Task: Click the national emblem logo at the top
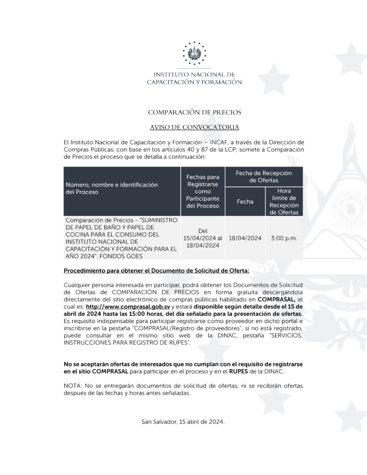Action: (194, 53)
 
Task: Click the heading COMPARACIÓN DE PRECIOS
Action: (194, 112)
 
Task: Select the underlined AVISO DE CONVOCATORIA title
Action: (194, 127)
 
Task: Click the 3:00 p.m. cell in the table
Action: (284, 238)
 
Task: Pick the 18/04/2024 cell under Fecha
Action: (245, 238)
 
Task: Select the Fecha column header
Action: (245, 202)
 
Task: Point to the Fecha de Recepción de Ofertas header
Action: (264, 176)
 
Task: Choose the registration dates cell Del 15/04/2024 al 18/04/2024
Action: (202, 238)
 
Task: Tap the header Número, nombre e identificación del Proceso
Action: (111, 188)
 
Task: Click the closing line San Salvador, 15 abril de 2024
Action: (183, 422)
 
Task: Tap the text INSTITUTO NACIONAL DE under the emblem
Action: (194, 74)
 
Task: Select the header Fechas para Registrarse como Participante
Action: (202, 191)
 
